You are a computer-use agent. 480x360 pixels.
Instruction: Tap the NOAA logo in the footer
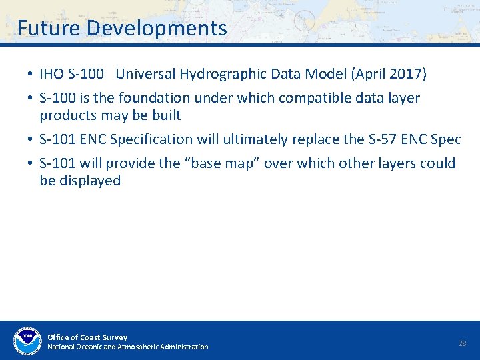tap(27, 341)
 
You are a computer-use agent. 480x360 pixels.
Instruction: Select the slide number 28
tap(462, 343)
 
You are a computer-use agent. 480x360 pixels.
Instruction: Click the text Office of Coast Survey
tap(87, 337)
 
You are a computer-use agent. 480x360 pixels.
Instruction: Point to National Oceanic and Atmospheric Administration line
tap(127, 347)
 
